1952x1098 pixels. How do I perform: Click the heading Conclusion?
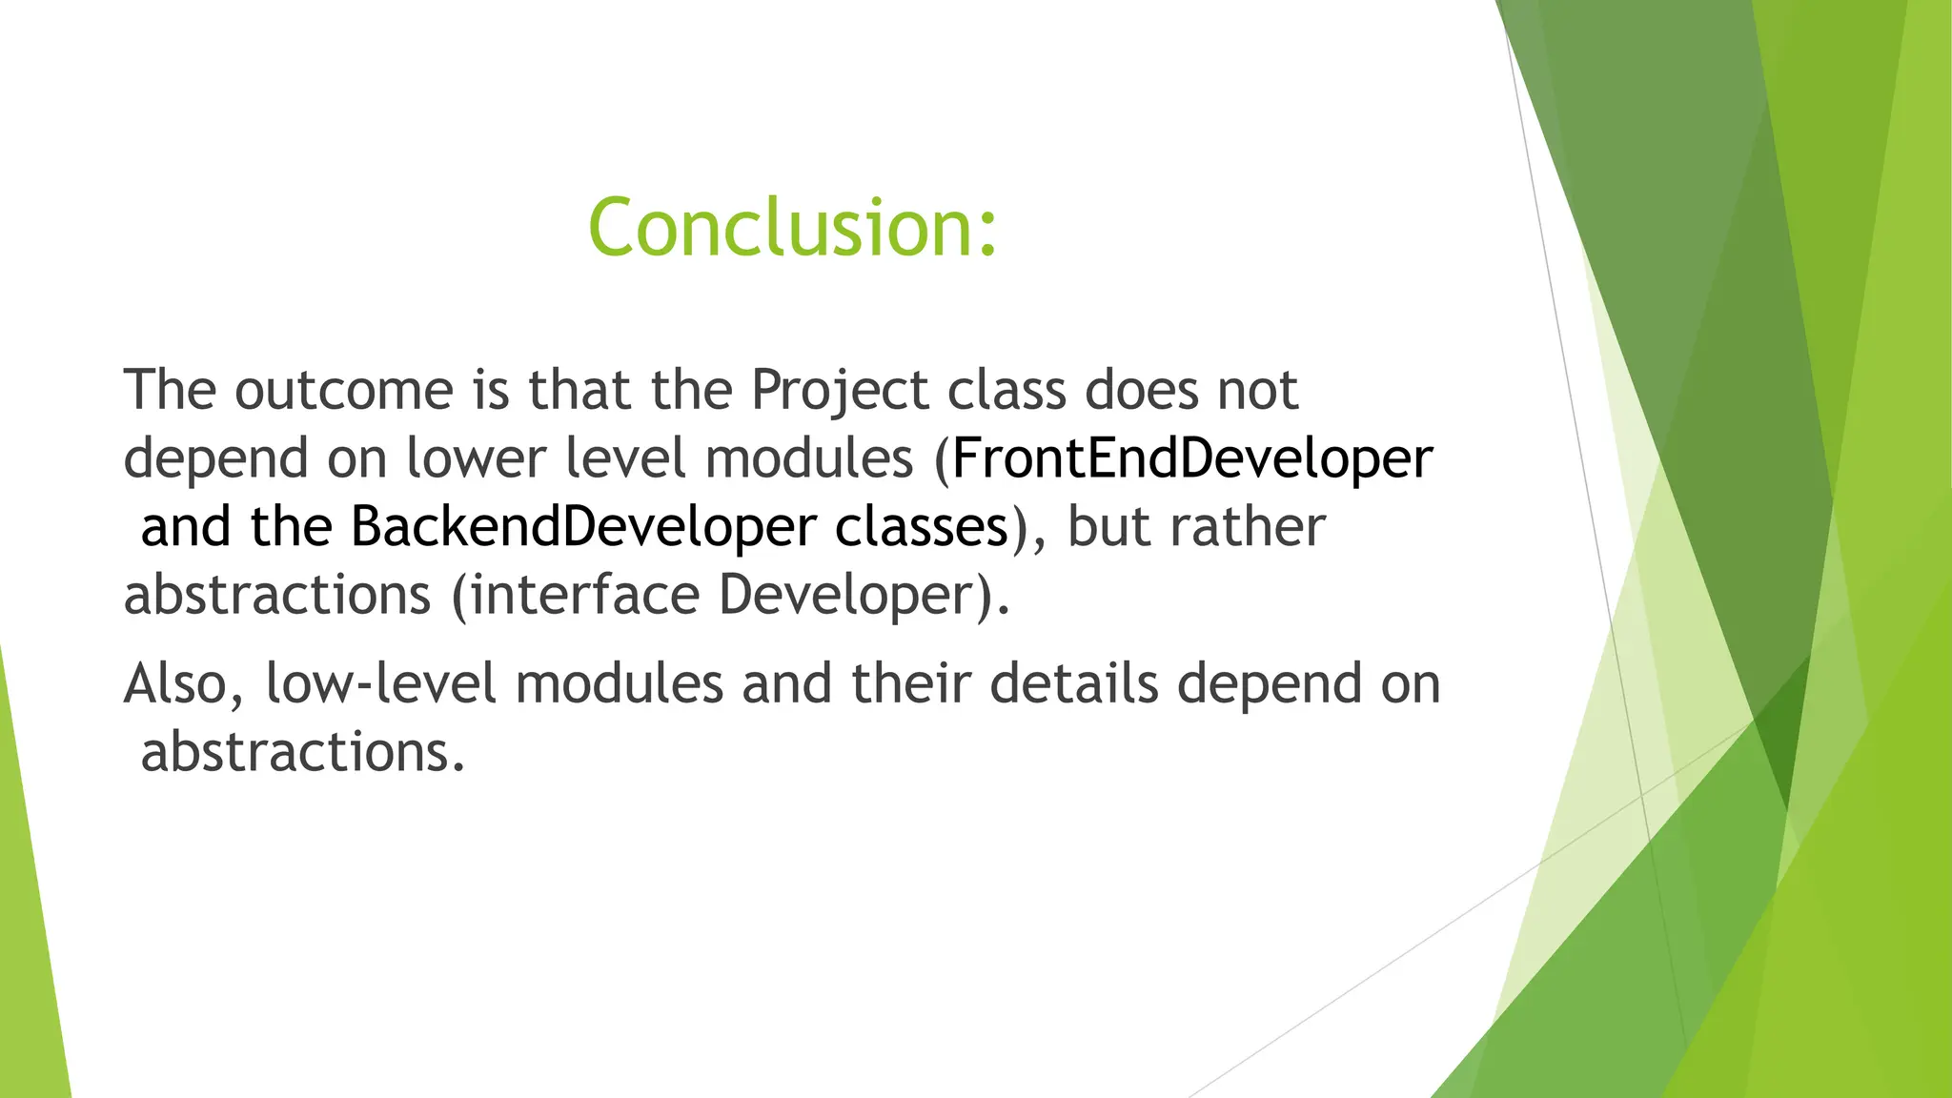click(x=792, y=227)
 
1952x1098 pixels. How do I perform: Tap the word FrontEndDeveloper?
click(x=1191, y=458)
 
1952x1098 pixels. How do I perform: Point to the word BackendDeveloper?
click(x=583, y=527)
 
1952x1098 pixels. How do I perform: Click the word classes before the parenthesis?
click(x=921, y=527)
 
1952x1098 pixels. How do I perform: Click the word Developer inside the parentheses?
click(x=848, y=597)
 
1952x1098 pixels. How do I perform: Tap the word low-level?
click(x=380, y=684)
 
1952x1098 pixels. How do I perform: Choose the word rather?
click(x=1248, y=527)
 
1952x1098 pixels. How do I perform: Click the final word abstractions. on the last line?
click(x=303, y=753)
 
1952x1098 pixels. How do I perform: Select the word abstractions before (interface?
click(x=277, y=595)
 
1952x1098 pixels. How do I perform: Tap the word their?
click(x=910, y=684)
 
